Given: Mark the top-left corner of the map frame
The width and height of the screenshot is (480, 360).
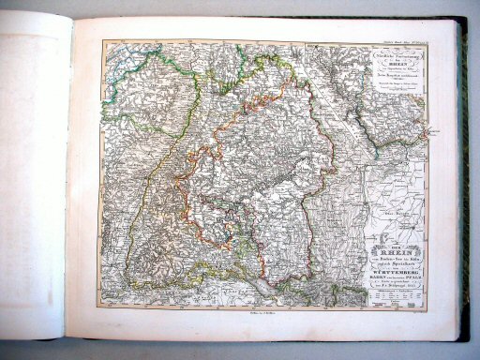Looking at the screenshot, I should [103, 41].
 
